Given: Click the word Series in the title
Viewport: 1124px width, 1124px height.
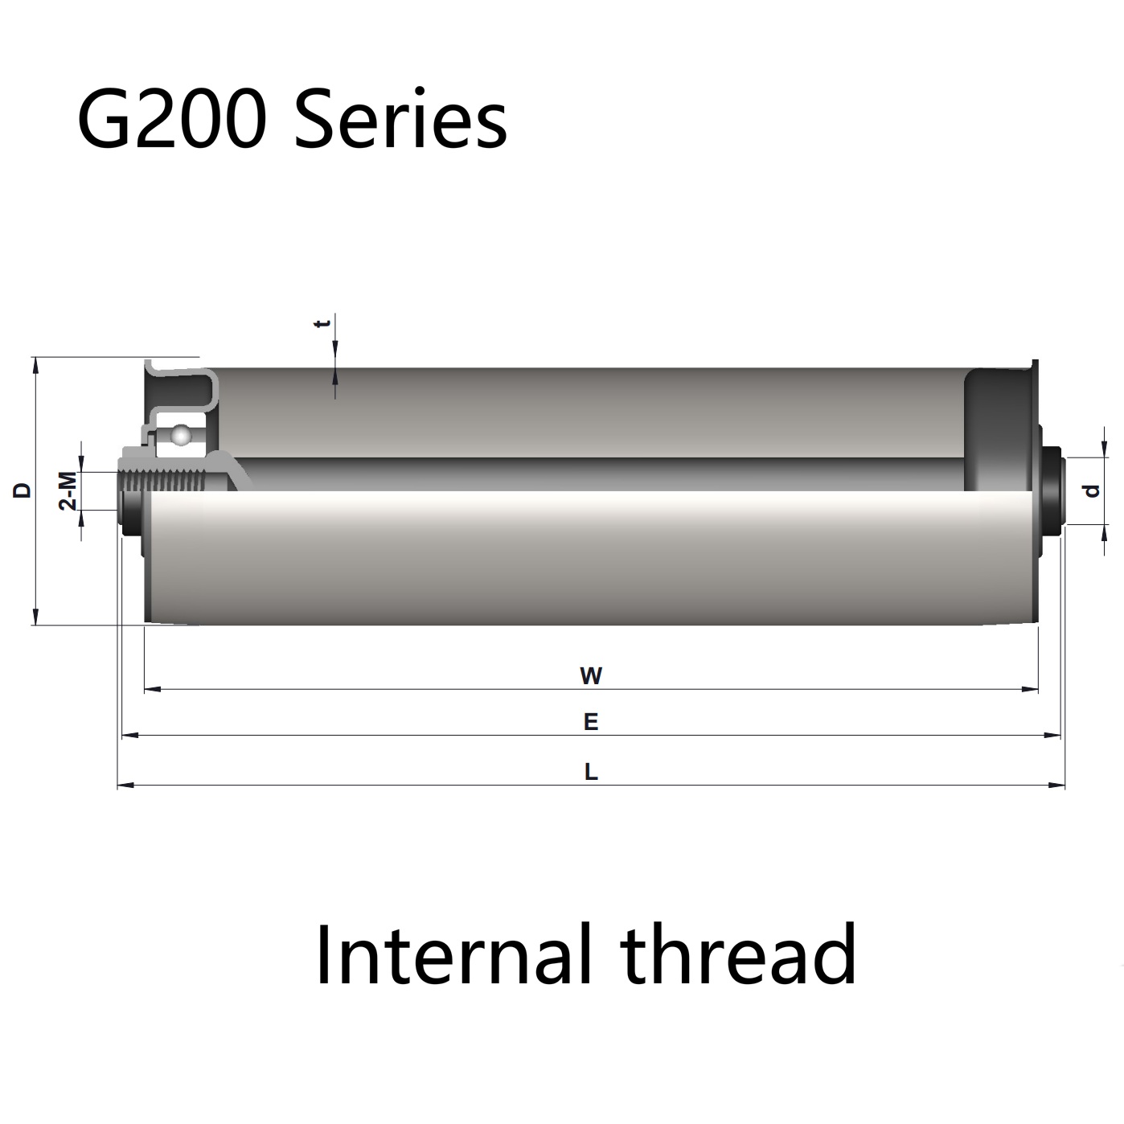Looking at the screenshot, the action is coord(400,120).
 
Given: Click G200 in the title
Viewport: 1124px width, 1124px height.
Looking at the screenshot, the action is coord(172,120).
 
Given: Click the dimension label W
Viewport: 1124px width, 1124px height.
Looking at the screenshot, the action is coord(591,676).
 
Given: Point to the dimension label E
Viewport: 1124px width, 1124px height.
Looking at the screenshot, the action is coord(591,722).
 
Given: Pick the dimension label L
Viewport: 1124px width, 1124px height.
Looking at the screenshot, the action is coord(591,773).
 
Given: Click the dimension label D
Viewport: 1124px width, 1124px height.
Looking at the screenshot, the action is coord(22,490).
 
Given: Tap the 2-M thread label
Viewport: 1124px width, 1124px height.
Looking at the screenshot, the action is coord(68,490).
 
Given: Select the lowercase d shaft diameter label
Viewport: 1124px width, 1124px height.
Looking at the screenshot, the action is coord(1093,491).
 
